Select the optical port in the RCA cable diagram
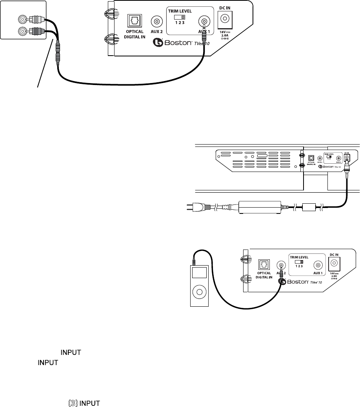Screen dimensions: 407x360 click(x=134, y=21)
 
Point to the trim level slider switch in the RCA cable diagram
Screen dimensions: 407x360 click(x=180, y=17)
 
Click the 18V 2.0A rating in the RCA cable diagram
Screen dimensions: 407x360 click(x=225, y=34)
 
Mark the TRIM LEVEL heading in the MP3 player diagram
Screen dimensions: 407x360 click(x=299, y=257)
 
